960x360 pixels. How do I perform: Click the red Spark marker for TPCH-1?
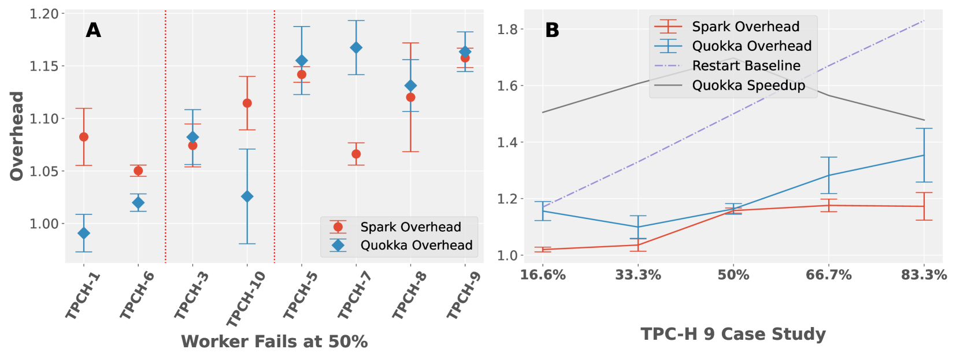pos(84,137)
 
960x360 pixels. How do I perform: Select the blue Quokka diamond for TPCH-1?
pos(84,233)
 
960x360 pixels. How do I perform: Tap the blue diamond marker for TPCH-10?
pos(247,196)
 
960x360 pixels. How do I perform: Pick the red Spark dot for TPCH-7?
pos(356,154)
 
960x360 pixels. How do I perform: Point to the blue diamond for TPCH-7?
pos(356,47)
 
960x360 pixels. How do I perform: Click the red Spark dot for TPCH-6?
pos(138,170)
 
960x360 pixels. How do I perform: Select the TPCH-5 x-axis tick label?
pos(301,295)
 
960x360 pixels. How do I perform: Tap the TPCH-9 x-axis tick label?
pos(464,295)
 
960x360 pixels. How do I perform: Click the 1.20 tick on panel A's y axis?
pos(44,13)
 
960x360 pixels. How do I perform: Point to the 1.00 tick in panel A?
pos(44,224)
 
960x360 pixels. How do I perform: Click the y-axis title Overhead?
pos(17,136)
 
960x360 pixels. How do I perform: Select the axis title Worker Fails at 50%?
pos(275,342)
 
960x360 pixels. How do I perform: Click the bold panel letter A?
pos(94,30)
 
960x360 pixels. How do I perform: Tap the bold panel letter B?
pos(552,30)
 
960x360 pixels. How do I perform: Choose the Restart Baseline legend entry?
pos(746,66)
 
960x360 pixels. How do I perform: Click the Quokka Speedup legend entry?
pos(748,86)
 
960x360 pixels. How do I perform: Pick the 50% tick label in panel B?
pos(733,275)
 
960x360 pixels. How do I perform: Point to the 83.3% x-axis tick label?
pos(924,275)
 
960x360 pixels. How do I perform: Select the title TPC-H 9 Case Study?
pos(733,334)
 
